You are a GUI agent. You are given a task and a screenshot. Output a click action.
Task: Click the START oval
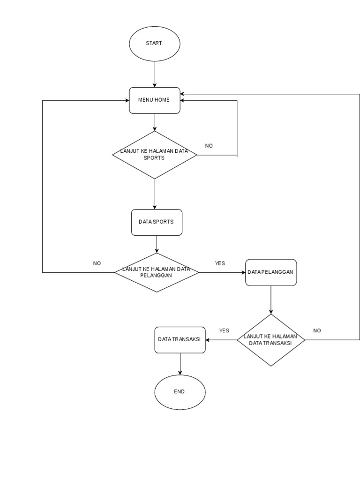[x=154, y=43]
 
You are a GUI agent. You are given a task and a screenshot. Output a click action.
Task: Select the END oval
[x=180, y=392]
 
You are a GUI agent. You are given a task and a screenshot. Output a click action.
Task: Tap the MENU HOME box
[x=154, y=100]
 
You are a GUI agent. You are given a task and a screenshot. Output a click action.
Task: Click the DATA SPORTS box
[x=156, y=222]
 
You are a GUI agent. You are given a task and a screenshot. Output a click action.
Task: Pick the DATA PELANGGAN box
[x=271, y=272]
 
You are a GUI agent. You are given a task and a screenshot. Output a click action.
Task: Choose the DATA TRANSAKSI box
[x=180, y=339]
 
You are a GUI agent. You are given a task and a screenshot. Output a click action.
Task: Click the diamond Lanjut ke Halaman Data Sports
[x=155, y=155]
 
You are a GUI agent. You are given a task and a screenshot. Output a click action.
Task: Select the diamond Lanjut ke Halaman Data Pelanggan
[x=157, y=272]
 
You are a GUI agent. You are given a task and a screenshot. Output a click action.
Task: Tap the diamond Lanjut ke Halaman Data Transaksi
[x=271, y=340]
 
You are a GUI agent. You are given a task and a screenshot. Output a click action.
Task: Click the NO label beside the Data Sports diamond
[x=209, y=146]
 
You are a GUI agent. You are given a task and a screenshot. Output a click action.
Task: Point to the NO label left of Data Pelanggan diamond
[x=97, y=263]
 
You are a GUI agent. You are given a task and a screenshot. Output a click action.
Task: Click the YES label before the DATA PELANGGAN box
[x=220, y=263]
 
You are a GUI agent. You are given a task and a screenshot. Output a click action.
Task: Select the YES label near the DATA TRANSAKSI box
[x=224, y=330]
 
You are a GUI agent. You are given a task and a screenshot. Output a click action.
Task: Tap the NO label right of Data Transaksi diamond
[x=317, y=330]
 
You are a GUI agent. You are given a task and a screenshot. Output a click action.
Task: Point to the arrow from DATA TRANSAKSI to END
[x=180, y=364]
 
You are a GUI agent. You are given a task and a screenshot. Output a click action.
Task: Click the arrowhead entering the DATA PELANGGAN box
[x=242, y=272]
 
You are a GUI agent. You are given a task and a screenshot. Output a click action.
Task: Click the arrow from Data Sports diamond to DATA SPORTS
[x=155, y=194]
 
